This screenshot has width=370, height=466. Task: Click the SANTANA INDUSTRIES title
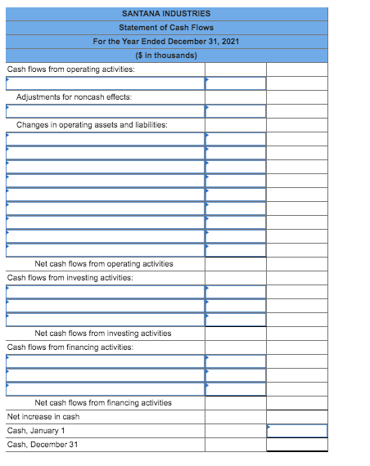tap(166, 14)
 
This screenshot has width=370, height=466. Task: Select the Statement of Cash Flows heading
tap(166, 28)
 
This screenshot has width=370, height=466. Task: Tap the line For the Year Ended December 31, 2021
tap(166, 42)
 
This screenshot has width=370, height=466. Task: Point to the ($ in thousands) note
tap(166, 56)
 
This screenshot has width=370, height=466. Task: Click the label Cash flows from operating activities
tap(71, 69)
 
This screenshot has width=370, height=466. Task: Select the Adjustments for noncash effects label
tap(74, 97)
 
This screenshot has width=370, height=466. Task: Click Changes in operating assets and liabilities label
tap(92, 125)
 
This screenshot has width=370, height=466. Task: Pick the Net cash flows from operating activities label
tap(104, 263)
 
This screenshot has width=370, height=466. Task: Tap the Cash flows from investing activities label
tap(70, 277)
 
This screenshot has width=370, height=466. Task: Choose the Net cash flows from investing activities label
tap(103, 333)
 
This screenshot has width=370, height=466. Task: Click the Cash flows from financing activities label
tap(70, 347)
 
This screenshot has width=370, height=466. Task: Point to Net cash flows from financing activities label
tap(103, 402)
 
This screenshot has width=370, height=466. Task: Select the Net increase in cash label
tap(43, 416)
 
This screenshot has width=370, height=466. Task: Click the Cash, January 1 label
tap(36, 430)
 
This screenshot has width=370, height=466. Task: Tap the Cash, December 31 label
tap(43, 444)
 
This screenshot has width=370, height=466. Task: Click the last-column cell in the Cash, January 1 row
tap(296, 431)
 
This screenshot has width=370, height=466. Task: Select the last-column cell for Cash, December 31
tap(296, 445)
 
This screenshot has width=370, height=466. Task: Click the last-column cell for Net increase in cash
tap(296, 416)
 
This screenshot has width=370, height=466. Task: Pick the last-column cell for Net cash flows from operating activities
tap(296, 263)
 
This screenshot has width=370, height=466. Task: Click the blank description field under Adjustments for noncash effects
tap(105, 111)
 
